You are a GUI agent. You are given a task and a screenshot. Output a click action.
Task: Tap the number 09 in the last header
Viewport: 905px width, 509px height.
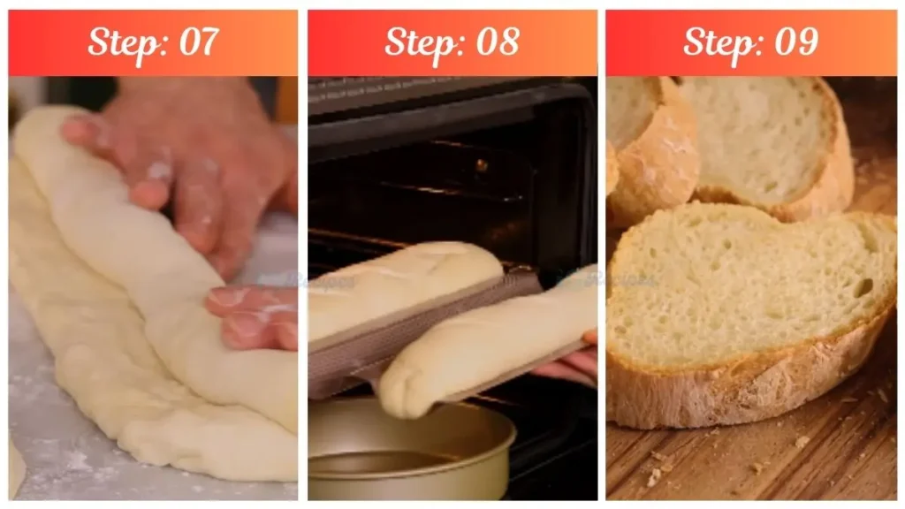(x=795, y=42)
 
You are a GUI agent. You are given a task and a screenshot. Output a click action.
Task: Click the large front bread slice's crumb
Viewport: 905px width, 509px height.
(x=742, y=283)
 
